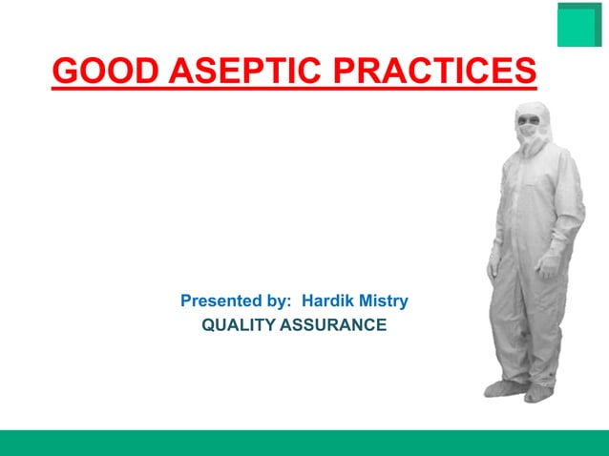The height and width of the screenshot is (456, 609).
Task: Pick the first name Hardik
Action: [x=328, y=301]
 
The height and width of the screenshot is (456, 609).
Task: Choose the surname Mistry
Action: [x=383, y=301]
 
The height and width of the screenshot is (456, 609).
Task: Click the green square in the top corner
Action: [x=578, y=25]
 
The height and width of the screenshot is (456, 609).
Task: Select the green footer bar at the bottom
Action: [x=304, y=443]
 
